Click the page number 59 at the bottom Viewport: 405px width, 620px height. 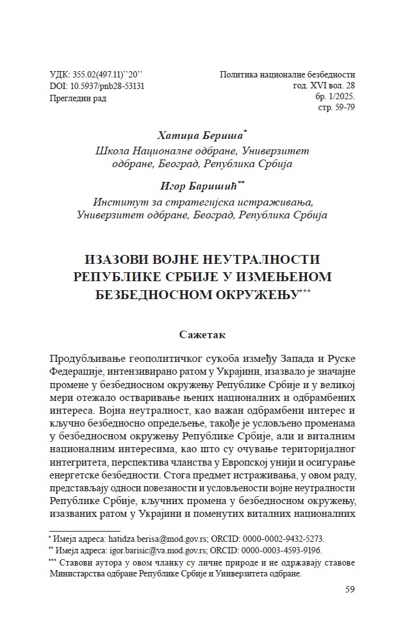349,589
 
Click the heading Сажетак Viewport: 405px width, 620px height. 202,334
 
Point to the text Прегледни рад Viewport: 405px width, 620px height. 78,98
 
